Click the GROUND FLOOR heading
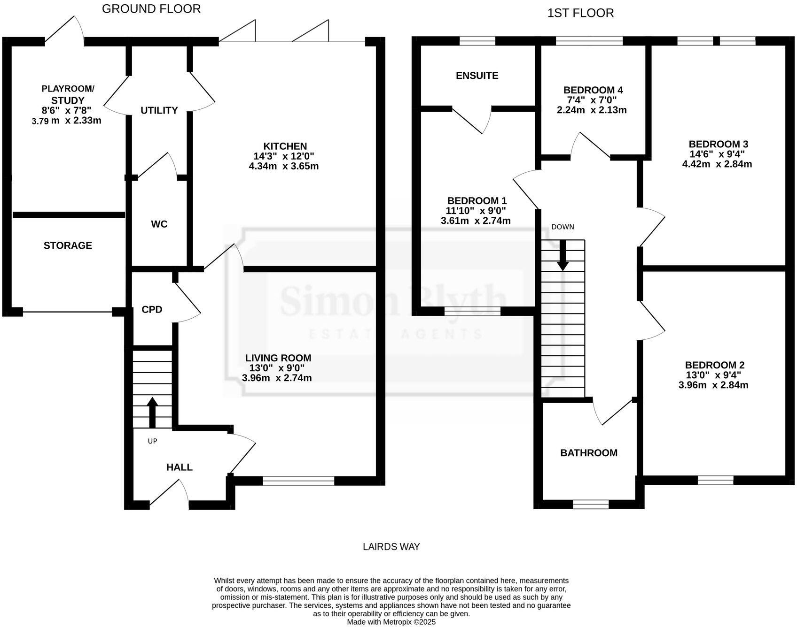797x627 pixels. tap(151, 9)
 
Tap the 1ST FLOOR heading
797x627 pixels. tap(580, 13)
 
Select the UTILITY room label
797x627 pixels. tap(159, 110)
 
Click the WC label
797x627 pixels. tap(159, 224)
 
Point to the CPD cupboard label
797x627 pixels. tap(152, 310)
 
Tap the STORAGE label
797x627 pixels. tap(68, 245)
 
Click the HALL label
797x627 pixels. tap(180, 467)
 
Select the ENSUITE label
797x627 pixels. tap(477, 76)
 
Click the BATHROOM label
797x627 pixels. tap(589, 453)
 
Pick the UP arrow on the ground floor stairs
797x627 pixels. tap(152, 413)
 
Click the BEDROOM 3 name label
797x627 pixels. tap(718, 144)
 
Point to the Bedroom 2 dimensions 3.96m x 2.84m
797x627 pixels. tap(713, 385)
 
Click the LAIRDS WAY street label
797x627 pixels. tap(391, 547)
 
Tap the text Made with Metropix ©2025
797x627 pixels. tap(391, 622)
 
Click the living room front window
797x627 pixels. tap(298, 481)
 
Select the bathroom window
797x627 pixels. tap(591, 504)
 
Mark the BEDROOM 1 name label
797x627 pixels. tap(477, 201)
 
